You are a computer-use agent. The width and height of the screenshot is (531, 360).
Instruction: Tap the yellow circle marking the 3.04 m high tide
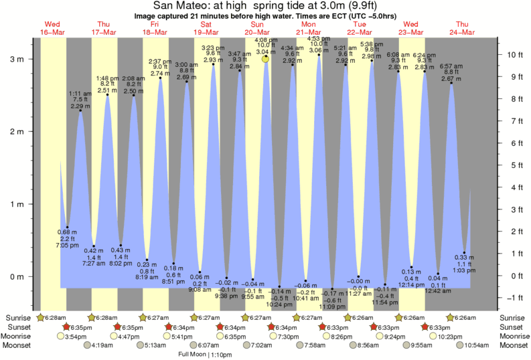pos(266,59)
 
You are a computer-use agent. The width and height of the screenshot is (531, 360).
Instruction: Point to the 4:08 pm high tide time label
pos(266,39)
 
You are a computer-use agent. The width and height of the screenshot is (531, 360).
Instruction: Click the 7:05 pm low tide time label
pos(68,246)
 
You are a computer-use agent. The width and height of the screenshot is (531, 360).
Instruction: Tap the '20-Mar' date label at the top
pos(256,32)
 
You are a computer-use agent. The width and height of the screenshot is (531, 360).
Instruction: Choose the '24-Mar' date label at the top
pos(461,32)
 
